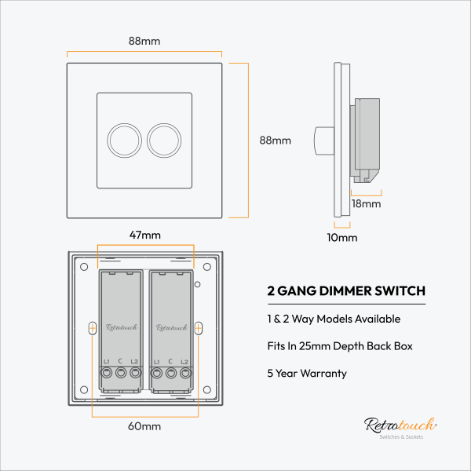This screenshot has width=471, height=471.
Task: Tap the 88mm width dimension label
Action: [x=144, y=41]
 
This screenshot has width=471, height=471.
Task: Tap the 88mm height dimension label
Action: [x=276, y=141]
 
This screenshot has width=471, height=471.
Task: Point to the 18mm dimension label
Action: [x=366, y=204]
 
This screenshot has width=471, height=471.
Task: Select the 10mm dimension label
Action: [x=341, y=237]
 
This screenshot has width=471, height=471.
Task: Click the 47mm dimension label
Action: [x=144, y=235]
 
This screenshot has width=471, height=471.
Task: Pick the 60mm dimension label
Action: [x=145, y=426]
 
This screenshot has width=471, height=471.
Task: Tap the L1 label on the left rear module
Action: [x=106, y=360]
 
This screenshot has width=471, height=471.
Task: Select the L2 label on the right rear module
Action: [x=184, y=360]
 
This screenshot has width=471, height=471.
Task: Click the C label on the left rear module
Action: [x=120, y=360]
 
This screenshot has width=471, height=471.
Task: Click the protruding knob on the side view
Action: [x=323, y=140]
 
